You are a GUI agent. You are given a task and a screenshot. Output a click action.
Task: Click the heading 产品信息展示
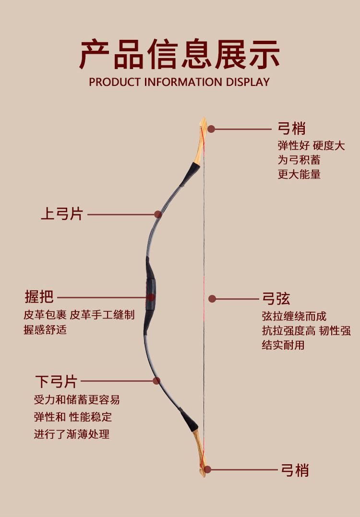(x=180, y=55)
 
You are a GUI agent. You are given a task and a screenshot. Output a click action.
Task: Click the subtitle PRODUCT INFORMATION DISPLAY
(x=180, y=82)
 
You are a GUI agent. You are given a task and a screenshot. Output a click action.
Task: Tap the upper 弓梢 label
(x=291, y=129)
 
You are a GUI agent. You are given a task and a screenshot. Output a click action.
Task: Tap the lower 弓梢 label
(x=295, y=470)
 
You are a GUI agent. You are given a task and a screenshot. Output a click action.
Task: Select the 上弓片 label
(x=62, y=214)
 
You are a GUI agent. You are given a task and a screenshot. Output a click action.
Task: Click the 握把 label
(x=39, y=297)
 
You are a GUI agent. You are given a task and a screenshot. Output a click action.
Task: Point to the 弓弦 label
(x=276, y=299)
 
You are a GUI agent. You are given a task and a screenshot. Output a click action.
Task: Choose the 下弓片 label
(x=56, y=382)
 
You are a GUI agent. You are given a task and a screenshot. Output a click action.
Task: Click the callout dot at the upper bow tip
(x=211, y=129)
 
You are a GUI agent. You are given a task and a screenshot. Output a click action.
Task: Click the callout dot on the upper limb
(x=157, y=214)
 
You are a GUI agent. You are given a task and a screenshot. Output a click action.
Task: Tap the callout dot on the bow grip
(x=151, y=297)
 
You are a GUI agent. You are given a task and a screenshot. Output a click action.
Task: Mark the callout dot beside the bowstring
(x=212, y=299)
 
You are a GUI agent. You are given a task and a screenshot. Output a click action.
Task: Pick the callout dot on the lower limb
(x=156, y=381)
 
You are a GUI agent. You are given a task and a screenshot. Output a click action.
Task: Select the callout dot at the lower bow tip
(x=207, y=470)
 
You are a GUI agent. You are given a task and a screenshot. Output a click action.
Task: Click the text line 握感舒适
(x=45, y=330)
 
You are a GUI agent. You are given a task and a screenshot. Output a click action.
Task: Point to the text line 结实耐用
(x=283, y=345)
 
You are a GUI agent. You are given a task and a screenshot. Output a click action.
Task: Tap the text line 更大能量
(x=299, y=174)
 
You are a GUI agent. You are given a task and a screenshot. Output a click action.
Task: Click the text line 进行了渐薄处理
(x=72, y=434)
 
